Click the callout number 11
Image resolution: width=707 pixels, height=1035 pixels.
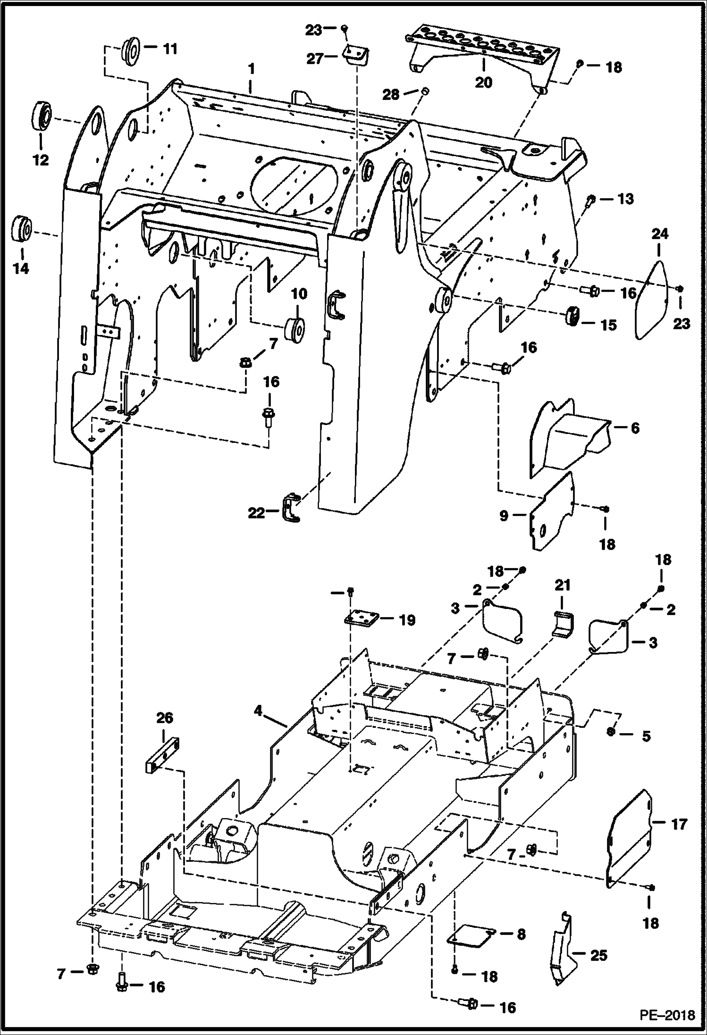[170, 49]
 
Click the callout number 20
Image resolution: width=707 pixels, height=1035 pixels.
[483, 82]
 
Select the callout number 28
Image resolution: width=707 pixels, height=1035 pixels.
[391, 94]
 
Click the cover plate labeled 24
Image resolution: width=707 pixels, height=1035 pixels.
[652, 301]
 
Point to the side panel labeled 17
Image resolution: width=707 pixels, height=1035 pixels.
[630, 840]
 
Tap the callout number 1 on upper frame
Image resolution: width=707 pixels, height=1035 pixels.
[252, 69]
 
